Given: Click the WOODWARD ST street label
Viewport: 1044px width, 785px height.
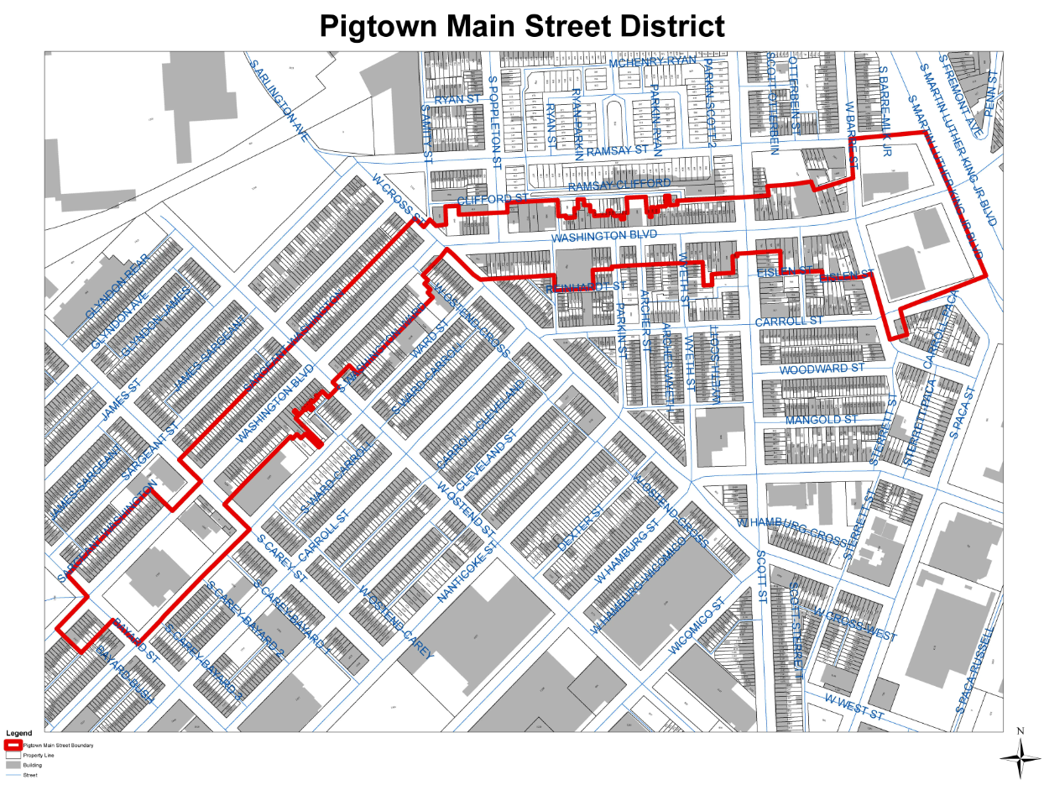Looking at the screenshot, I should coord(821,369).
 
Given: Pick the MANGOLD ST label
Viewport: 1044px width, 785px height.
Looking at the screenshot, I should coord(821,419).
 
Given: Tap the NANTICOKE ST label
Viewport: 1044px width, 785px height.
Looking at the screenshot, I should coord(468,573).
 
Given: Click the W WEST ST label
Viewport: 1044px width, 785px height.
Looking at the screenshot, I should coord(854,706).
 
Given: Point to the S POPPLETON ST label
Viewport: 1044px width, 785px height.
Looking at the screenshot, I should coord(494,122).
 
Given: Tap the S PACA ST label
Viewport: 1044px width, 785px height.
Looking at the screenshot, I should coord(961,413).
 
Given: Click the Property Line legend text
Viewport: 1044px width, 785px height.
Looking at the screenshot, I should coord(39,755).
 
